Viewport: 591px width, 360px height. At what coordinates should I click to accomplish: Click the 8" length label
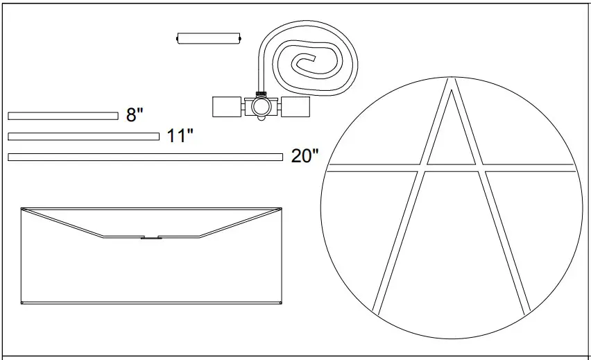pyautogui.click(x=135, y=115)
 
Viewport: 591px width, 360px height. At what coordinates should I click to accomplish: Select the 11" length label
pyautogui.click(x=180, y=135)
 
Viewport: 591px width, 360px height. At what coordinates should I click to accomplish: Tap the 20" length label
pyautogui.click(x=305, y=156)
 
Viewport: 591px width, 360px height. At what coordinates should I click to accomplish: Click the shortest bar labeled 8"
pyautogui.click(x=63, y=115)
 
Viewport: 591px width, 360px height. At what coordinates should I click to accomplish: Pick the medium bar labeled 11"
pyautogui.click(x=83, y=136)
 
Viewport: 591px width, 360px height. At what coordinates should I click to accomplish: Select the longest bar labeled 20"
pyautogui.click(x=145, y=157)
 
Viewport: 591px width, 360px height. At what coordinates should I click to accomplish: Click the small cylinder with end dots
pyautogui.click(x=209, y=38)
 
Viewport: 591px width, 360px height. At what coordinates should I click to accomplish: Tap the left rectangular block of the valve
pyautogui.click(x=226, y=107)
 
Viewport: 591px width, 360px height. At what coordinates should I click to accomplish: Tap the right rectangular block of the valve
pyautogui.click(x=295, y=107)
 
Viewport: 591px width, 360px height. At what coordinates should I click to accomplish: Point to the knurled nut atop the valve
pyautogui.click(x=262, y=93)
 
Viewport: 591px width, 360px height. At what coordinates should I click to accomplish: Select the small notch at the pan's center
pyautogui.click(x=150, y=238)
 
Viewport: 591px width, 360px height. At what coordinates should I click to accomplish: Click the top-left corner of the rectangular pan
pyautogui.click(x=22, y=208)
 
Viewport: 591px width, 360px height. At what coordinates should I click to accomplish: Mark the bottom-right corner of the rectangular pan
pyautogui.click(x=281, y=303)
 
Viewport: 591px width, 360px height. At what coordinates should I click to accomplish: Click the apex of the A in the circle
pyautogui.click(x=451, y=82)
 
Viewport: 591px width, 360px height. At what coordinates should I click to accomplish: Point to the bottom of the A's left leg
pyautogui.click(x=377, y=309)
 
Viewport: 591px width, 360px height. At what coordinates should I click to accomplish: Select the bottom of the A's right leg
pyautogui.click(x=526, y=309)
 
